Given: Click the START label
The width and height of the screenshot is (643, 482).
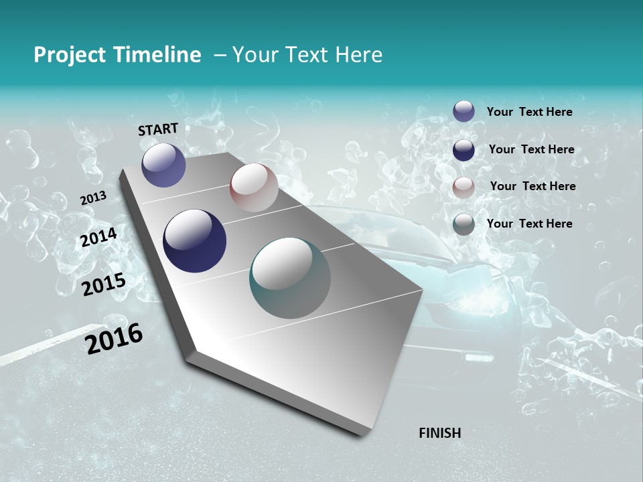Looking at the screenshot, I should point(158,129).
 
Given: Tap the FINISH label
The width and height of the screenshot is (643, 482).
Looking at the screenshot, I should point(439,433).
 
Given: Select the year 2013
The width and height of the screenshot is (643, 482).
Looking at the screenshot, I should point(93,198).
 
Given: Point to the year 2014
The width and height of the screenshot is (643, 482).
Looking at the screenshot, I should point(98,238).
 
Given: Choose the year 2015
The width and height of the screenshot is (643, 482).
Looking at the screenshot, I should point(104,285).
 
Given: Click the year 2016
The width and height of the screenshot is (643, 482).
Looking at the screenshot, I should point(114,339).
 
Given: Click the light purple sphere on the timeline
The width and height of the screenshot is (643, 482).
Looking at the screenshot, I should point(163,165).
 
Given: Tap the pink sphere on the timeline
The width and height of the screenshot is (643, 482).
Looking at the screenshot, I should point(254,187).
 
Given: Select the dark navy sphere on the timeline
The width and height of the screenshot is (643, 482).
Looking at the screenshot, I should point(194,241).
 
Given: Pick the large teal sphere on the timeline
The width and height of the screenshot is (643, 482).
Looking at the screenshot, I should point(290,278).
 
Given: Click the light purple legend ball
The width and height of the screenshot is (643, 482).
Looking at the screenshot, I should point(463,111).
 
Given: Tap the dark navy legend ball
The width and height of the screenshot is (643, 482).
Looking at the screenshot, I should point(463,150).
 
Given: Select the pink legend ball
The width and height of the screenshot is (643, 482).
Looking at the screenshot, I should point(463,187).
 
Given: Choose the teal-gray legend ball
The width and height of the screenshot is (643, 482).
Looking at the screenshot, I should point(463,224).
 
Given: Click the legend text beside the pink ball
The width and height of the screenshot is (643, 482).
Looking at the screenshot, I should point(532,186).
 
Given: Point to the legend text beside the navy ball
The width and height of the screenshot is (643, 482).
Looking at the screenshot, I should point(531,149).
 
